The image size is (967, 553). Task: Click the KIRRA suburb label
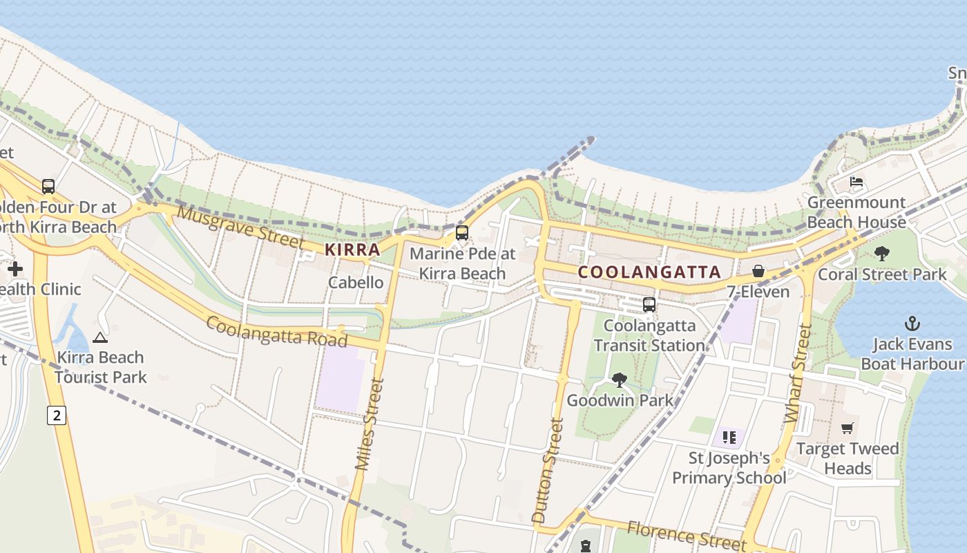tap(352, 250)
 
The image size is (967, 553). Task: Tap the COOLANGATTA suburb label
tap(649, 272)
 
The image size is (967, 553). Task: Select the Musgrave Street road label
tap(240, 227)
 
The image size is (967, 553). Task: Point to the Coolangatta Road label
tap(276, 332)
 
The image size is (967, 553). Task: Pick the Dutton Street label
tap(548, 470)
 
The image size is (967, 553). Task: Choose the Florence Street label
tap(687, 536)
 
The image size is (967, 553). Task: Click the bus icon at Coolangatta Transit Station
tap(649, 304)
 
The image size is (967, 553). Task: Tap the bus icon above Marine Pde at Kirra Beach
tap(462, 233)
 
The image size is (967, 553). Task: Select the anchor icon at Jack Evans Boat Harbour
tap(912, 323)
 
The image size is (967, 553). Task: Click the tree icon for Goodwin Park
tap(619, 379)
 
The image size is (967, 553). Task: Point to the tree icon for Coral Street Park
tap(881, 254)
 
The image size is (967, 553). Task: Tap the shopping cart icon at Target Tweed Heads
tap(848, 428)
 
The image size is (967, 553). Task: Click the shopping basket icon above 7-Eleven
tap(758, 271)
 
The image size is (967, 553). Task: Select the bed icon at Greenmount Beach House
tap(856, 182)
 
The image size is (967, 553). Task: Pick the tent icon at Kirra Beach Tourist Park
tap(100, 337)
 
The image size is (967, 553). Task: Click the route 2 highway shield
tap(57, 415)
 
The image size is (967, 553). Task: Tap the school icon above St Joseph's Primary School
tap(729, 437)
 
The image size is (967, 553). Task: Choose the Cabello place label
tap(356, 282)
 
